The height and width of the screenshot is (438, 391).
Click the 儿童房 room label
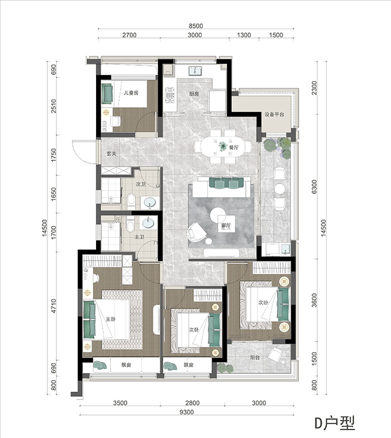point(131,93)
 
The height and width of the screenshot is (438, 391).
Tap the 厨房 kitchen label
point(194,94)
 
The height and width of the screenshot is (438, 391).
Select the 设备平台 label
point(274,114)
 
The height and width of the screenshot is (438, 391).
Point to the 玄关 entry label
point(112,154)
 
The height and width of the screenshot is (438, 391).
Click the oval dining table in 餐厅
point(223,146)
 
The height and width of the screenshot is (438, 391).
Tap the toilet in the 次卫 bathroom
point(131,201)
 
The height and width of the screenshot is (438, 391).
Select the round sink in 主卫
point(147,223)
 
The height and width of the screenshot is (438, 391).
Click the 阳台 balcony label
point(255,358)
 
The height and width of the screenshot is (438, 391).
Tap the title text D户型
point(335,423)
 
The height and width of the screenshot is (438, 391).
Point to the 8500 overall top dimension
point(195,26)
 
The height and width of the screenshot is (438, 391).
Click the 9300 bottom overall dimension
point(187,412)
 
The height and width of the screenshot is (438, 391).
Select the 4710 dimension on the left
point(54,306)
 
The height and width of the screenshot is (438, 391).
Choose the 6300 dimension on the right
point(314,187)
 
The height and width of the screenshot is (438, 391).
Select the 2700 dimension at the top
point(130,35)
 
